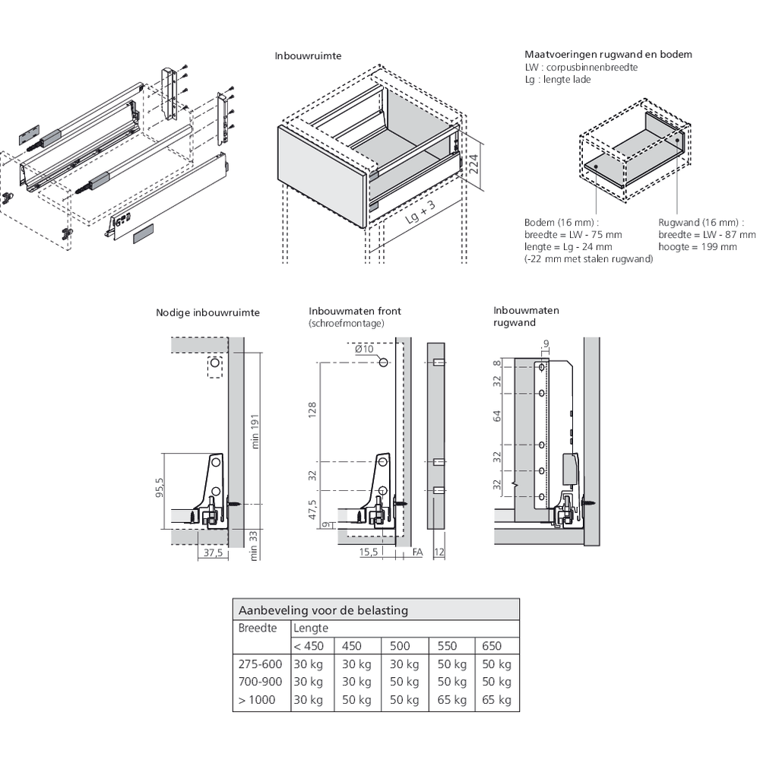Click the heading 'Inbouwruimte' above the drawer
point(308,55)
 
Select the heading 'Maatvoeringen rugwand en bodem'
point(608,55)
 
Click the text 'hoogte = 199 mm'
point(698,247)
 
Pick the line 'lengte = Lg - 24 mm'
point(568,247)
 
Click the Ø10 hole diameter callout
point(364,349)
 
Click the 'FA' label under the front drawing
point(416,554)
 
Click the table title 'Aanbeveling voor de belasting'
point(323,610)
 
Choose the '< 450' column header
point(309,646)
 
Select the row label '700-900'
point(260,682)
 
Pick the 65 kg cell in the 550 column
point(451,700)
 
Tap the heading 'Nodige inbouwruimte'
point(207,312)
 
